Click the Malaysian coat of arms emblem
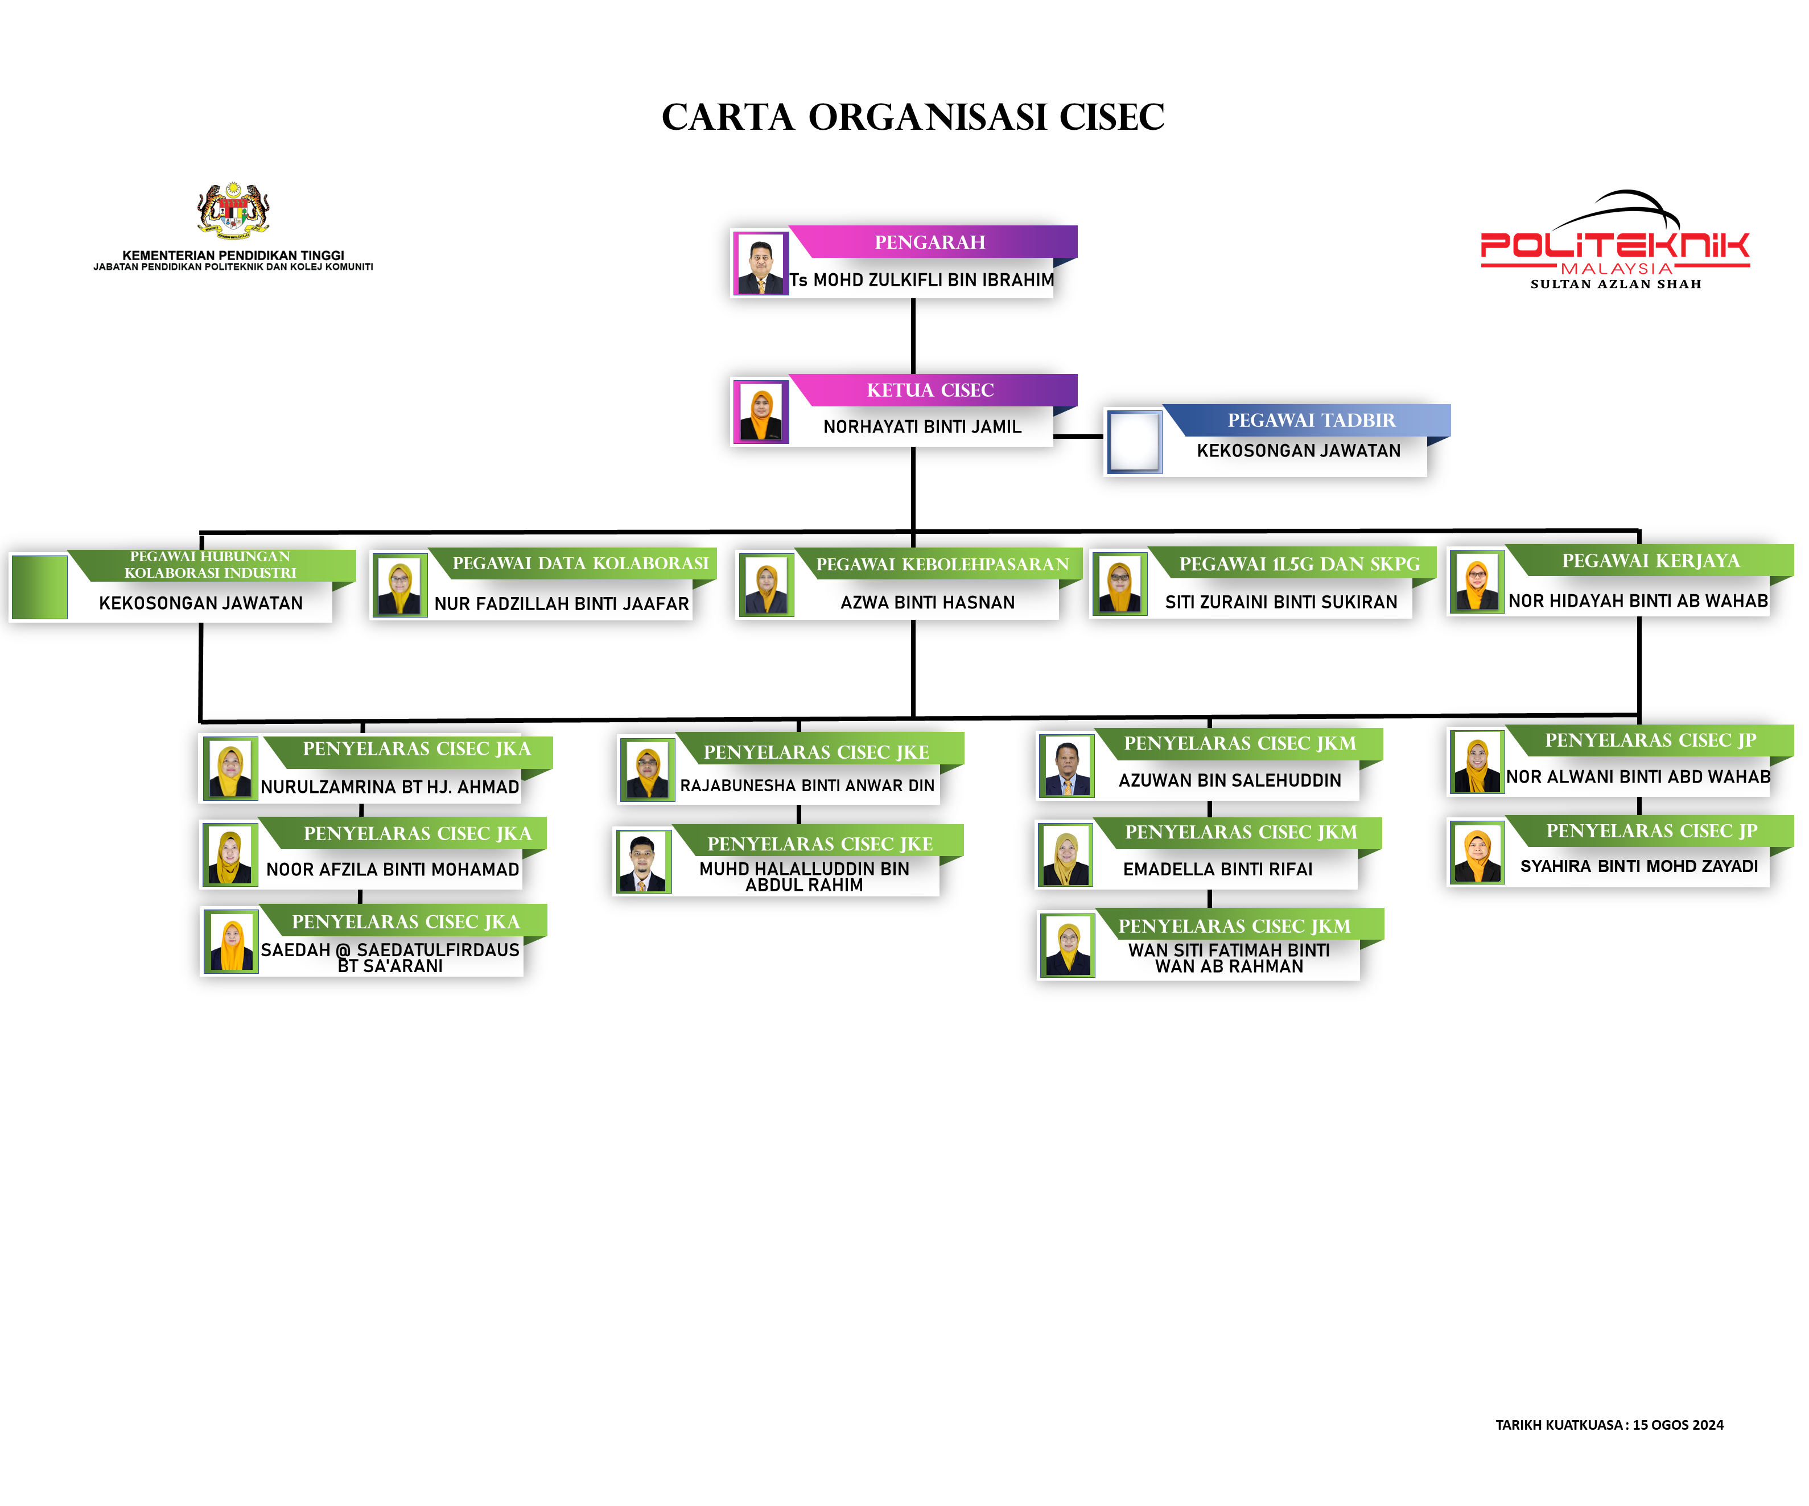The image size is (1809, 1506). [x=233, y=209]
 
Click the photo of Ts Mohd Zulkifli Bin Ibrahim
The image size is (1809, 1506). [x=761, y=264]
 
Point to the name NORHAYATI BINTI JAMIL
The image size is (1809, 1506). [x=922, y=426]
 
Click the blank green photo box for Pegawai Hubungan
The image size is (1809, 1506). [x=40, y=587]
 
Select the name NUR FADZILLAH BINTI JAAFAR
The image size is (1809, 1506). [x=562, y=604]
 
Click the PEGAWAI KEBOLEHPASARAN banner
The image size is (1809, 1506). [x=942, y=564]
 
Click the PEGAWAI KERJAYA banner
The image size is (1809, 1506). [x=1650, y=561]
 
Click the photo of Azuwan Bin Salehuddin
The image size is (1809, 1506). [x=1066, y=767]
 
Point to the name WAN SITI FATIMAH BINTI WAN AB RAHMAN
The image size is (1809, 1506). [x=1229, y=958]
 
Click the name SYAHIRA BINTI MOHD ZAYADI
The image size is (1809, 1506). [x=1638, y=866]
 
